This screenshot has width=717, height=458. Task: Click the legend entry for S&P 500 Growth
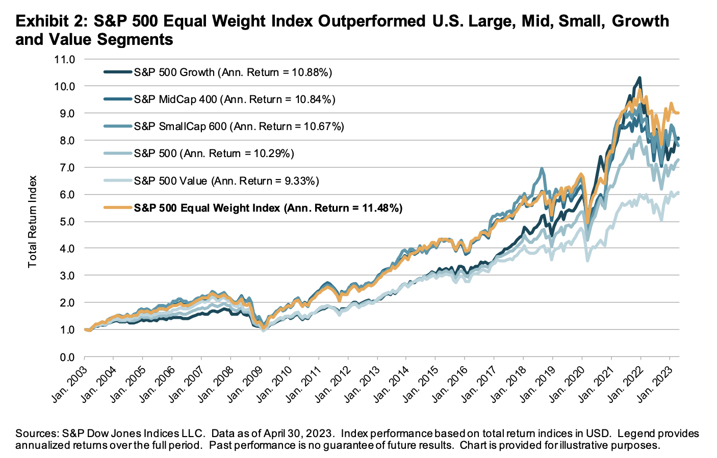[x=233, y=72]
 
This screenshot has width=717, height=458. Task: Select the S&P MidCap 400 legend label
[x=234, y=99]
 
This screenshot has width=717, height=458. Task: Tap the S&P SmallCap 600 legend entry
[x=239, y=126]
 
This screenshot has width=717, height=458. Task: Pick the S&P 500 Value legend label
[x=226, y=181]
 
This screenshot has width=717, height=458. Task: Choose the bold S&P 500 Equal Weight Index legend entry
[x=268, y=208]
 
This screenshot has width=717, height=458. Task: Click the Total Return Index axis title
[x=33, y=222]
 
